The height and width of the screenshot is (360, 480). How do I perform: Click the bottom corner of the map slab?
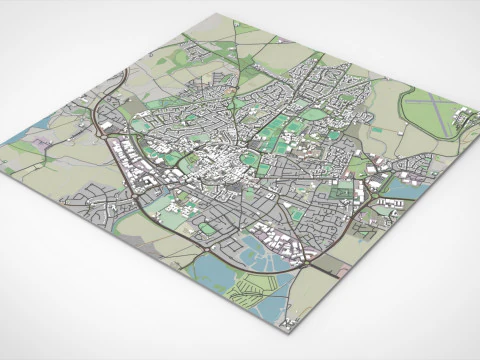coord(289,327)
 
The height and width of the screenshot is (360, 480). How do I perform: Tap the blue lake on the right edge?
coord(414,185)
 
